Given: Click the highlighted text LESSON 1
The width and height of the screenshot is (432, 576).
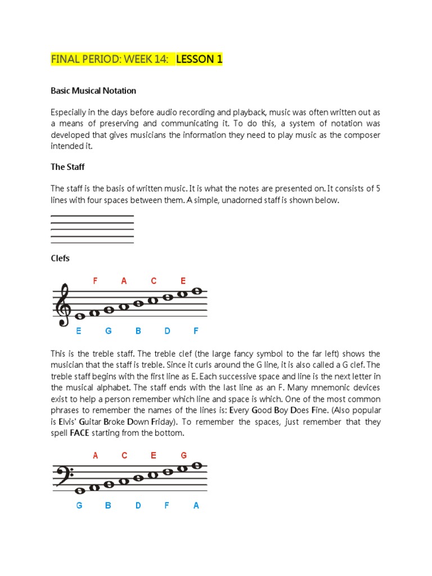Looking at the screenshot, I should pos(199,59).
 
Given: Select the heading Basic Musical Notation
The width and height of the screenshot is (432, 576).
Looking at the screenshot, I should pos(93,91).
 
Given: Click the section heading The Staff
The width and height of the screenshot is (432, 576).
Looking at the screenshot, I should pos(67,167).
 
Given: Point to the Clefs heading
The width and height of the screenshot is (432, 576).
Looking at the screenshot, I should pos(60,258).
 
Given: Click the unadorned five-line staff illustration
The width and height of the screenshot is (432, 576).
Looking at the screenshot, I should pos(92,229).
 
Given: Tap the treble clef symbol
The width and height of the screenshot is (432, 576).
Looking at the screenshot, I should pos(62,305).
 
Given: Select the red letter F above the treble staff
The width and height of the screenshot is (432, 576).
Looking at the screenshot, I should pos(95,281).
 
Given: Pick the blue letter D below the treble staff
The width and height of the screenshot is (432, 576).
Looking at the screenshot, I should pos(167,331).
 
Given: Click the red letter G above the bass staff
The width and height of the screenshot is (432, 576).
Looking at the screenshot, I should pos(183,456).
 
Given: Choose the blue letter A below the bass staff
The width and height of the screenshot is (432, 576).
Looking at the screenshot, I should pos(196,506).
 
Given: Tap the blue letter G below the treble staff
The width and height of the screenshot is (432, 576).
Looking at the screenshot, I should pos(109,331).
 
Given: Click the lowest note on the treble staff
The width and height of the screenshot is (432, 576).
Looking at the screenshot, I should pos(80,317).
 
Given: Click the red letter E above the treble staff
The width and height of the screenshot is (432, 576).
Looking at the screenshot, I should pos(183,281).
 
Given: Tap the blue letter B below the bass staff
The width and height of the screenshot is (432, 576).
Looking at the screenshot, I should pos(109,506).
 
